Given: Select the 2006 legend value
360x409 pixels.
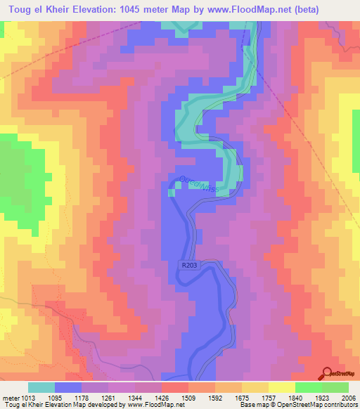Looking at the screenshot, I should coord(348,397).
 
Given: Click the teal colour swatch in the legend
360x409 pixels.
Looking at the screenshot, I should coord(41,387).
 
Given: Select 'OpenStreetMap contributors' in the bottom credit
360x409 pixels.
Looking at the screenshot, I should coord(325,405).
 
